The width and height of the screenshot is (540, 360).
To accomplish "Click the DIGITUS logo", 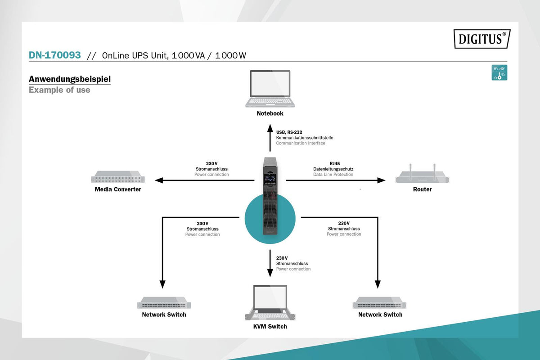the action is tap(482, 39).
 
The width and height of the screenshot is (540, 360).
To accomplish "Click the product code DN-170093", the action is tap(55, 55).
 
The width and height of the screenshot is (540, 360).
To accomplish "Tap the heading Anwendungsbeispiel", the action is tap(70, 79).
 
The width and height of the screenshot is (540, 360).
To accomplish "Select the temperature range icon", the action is tap(499, 72).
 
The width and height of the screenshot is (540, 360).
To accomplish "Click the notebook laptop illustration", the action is tap(270, 89).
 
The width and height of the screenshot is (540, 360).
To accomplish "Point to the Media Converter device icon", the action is tap(117, 177).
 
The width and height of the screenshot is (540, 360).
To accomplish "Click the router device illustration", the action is tap(423, 174).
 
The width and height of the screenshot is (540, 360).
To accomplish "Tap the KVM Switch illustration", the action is tap(270, 302).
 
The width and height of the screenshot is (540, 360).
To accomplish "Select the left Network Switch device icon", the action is tap(164, 302).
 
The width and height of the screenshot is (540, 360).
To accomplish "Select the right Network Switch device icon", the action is tap(379, 302).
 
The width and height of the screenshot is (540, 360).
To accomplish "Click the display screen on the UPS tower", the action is tap(270, 179).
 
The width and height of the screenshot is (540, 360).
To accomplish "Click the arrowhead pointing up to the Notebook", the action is tap(270, 128).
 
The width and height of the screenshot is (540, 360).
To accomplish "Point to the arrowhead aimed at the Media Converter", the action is tap(159, 180).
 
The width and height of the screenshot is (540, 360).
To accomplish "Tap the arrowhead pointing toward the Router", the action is tap(382, 180).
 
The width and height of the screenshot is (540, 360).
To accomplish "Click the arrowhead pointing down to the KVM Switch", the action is tap(270, 273).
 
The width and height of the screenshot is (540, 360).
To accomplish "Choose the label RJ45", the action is tap(335, 163).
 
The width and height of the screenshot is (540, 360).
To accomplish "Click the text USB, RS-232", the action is tap(289, 132).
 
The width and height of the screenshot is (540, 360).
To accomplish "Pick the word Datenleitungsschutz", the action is tap(333, 169).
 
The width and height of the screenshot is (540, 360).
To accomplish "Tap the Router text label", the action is tap(423, 189).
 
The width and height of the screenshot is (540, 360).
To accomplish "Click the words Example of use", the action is tap(59, 90).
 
